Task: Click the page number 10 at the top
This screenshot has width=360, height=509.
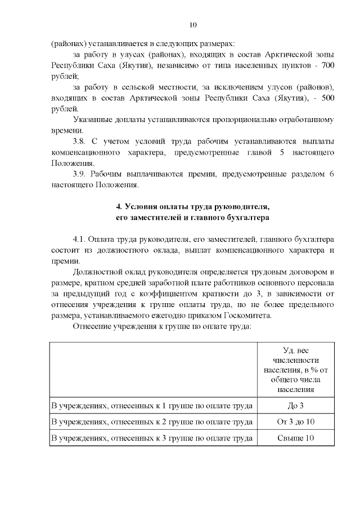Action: coord(193,24)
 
